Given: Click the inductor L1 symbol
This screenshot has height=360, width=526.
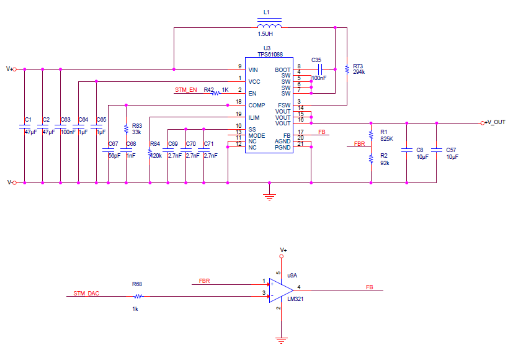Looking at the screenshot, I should tap(269, 26).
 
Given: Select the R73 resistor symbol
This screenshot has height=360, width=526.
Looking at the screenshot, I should tap(347, 69).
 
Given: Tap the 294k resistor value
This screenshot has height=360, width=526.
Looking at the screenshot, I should tap(359, 72).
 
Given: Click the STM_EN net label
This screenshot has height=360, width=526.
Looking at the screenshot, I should tap(186, 90).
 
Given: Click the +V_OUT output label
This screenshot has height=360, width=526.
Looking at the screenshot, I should tap(495, 122).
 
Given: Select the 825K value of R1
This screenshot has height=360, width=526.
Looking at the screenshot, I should tap(387, 139).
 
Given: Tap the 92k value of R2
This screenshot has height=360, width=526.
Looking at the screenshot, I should tap(385, 163).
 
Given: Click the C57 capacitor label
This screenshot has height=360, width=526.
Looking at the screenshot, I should tap(450, 150).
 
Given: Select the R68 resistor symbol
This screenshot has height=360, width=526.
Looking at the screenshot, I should tap(137, 296).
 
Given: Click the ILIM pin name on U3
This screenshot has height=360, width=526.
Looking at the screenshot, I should tap(254, 117).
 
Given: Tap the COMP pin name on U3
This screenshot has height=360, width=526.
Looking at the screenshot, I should tap(256, 105).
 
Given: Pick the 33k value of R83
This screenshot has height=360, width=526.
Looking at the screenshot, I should tap(136, 132).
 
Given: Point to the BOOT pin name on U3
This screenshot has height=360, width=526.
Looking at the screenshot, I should tap(283, 70).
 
